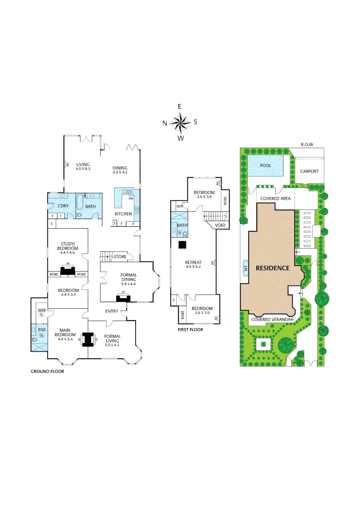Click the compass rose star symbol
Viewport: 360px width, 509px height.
(180, 123)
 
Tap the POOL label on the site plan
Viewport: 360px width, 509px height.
(266, 165)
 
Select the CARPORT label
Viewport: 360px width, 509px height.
(310, 172)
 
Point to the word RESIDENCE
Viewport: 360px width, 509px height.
(272, 268)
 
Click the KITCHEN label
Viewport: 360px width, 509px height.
(123, 214)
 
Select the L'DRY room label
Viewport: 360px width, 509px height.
(64, 206)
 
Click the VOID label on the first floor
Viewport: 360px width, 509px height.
(220, 226)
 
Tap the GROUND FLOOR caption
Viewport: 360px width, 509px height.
(47, 371)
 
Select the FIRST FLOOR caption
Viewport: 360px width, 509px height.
(190, 330)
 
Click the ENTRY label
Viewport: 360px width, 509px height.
(112, 311)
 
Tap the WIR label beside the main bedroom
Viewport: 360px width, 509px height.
(41, 310)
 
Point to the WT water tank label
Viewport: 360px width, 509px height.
(245, 268)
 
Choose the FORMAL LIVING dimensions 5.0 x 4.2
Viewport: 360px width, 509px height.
(113, 345)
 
